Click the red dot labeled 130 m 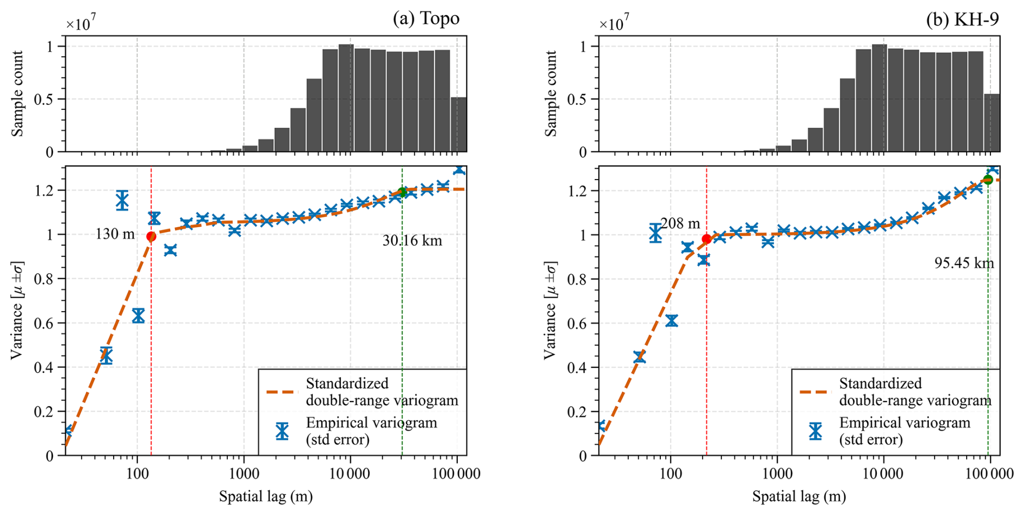pos(151,236)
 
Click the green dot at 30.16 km pos(402,192)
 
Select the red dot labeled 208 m pos(706,239)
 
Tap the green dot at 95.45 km pos(988,180)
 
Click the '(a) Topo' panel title pos(426,18)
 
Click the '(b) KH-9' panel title pos(962,18)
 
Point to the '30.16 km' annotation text pos(412,240)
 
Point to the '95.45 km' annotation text pos(964,263)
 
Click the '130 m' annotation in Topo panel pos(115,234)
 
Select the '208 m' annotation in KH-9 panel pos(680,223)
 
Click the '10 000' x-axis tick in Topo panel pos(350,474)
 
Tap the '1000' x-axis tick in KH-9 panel pos(777,474)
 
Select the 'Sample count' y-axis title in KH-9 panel pos(550,94)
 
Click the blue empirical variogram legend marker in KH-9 pos(815,431)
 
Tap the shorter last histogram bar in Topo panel pos(458,124)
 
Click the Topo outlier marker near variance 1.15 pos(122,200)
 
